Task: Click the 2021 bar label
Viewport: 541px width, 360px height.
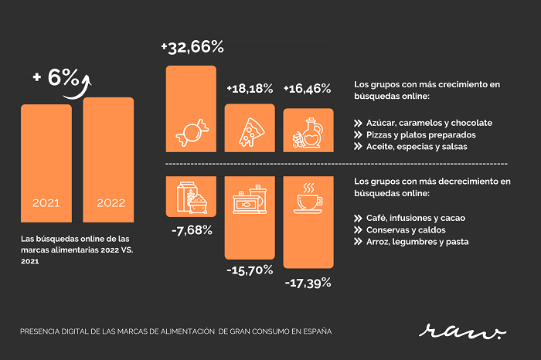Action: pos(46,202)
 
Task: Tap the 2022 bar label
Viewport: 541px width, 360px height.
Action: pos(111,202)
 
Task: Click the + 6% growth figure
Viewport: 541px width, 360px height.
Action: pos(56,77)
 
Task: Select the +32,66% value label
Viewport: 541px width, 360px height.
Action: pos(192,47)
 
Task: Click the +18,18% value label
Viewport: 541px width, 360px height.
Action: pos(250,89)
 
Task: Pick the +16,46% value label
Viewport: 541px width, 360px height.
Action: pos(307,89)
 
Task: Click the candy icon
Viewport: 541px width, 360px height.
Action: pos(192,133)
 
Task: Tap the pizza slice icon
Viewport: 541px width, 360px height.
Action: pos(251,132)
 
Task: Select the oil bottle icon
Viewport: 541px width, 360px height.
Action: pos(308,133)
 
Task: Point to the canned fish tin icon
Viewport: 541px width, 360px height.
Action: pos(250,199)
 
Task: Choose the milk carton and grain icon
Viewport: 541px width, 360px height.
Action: pos(192,198)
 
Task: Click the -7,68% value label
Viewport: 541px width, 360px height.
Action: pos(192,230)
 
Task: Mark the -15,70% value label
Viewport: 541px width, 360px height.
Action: pos(250,270)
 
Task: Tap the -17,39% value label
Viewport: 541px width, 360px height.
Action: pos(308,284)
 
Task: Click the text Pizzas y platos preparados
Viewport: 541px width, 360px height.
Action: pos(421,135)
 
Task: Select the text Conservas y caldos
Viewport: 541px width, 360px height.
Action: pos(406,230)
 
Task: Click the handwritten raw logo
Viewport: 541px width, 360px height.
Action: pos(462,331)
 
